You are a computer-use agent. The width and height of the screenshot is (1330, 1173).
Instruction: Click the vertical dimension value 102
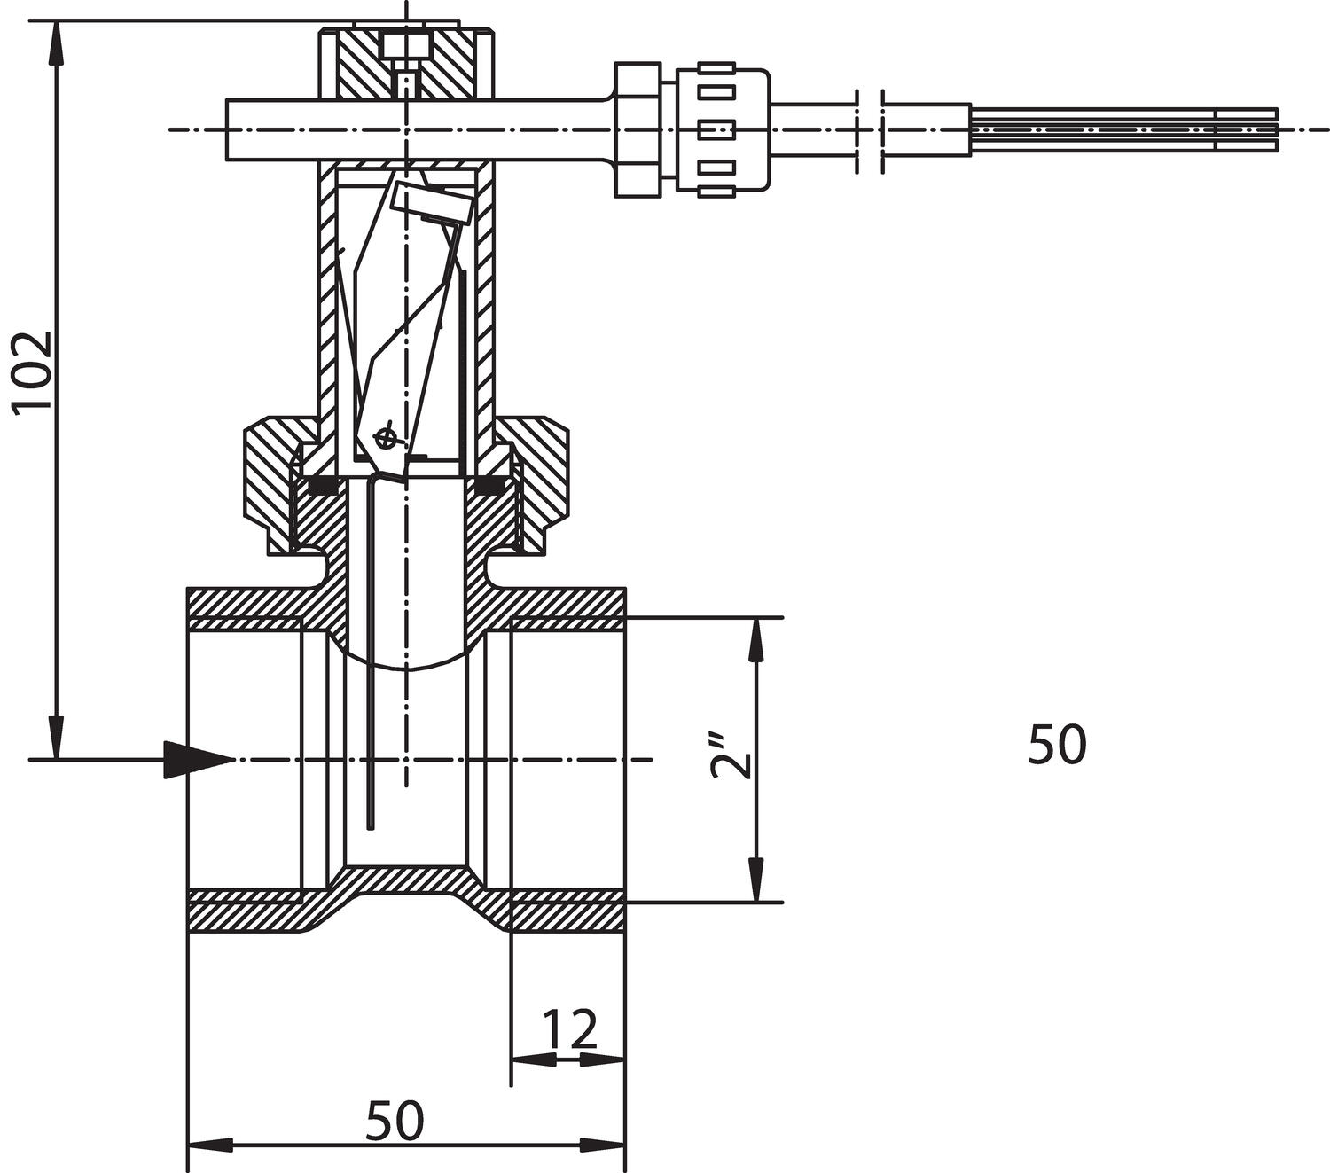33,371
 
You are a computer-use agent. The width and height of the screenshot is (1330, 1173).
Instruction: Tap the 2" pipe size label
730,756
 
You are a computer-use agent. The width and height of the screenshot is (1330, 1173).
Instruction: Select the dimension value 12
570,1028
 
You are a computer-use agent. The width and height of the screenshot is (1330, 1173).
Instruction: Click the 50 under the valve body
395,1120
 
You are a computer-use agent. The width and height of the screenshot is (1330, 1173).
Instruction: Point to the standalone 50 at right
1057,744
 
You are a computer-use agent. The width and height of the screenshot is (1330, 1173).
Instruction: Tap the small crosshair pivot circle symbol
384,436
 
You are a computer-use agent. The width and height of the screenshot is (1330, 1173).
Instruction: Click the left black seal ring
323,487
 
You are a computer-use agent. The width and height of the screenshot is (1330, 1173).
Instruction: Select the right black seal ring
489,487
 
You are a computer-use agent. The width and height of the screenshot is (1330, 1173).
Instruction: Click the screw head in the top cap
407,47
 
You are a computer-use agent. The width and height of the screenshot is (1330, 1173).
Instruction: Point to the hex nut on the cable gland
638,129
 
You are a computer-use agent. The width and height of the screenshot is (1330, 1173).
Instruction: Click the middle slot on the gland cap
716,129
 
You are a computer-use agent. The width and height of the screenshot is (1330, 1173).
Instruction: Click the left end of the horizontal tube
227,129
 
